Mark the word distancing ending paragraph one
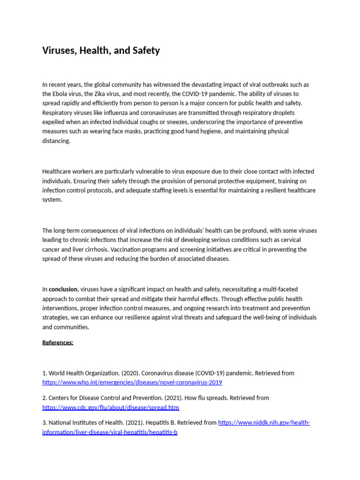[56, 141]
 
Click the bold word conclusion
[63, 290]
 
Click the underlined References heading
[58, 342]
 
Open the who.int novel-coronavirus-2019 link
[132, 382]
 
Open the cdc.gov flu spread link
[111, 407]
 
